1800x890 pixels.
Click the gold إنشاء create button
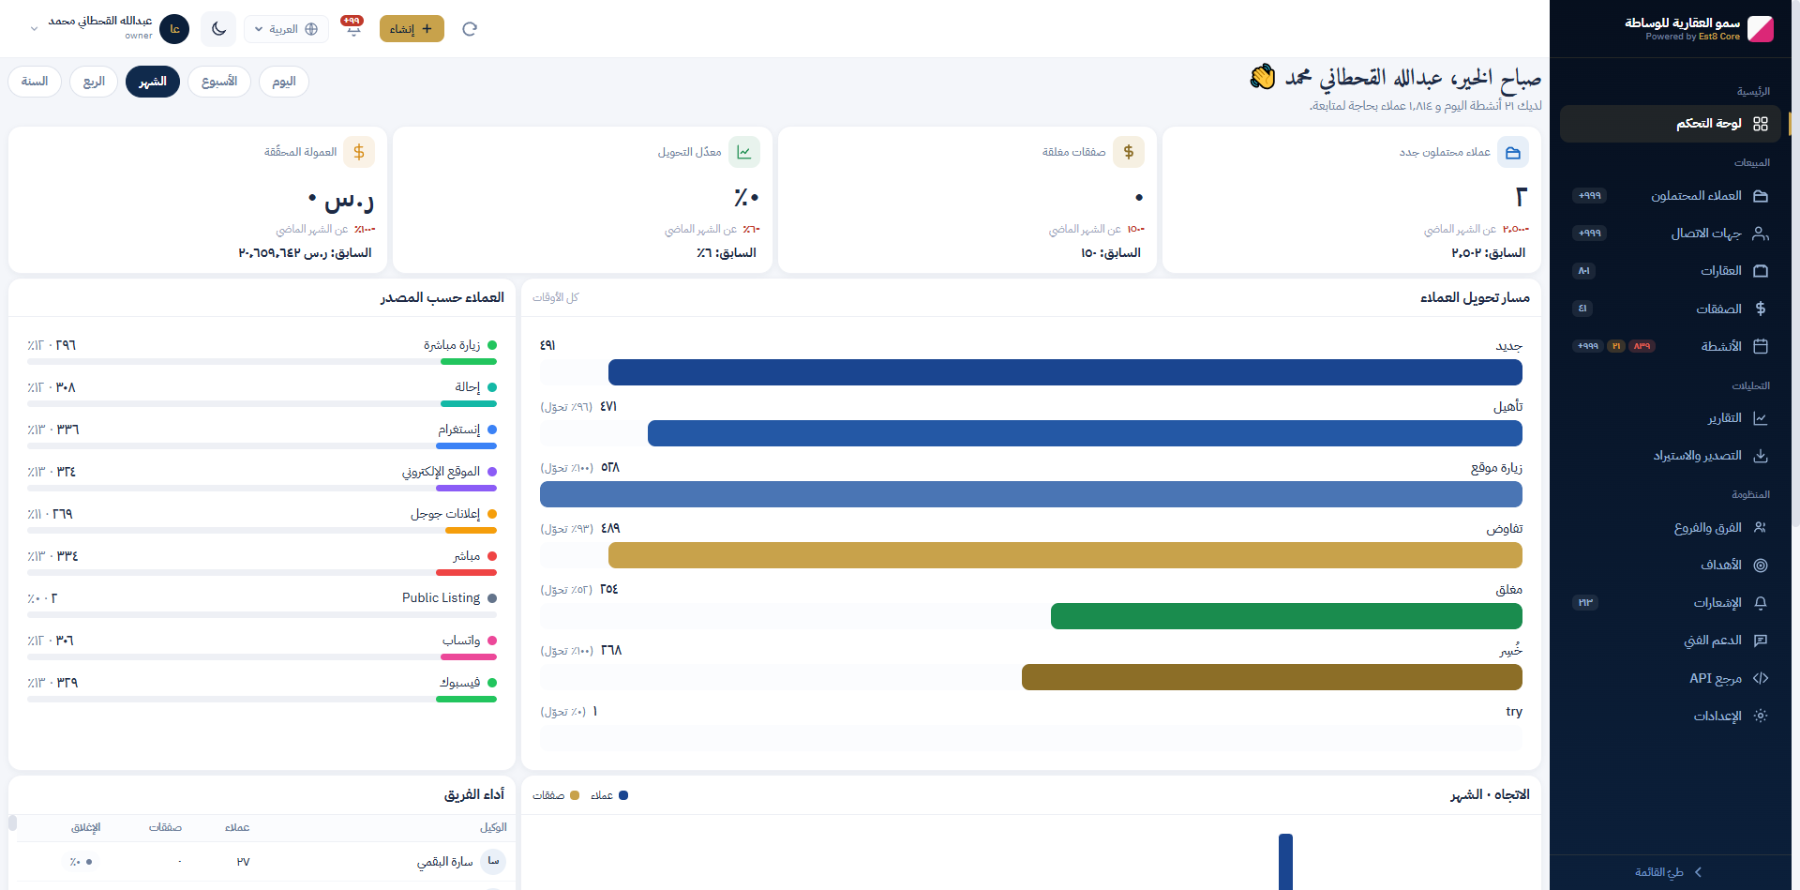coord(412,29)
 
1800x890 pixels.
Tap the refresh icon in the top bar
coord(470,29)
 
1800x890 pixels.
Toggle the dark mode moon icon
coord(218,29)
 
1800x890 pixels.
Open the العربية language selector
coord(286,29)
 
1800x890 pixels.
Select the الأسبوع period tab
coord(219,82)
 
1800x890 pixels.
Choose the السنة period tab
coord(35,82)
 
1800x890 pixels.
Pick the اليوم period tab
coord(284,82)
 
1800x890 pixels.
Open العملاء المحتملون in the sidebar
coord(1696,196)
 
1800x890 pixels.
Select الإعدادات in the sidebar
coord(1717,716)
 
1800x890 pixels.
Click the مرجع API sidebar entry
coord(1716,678)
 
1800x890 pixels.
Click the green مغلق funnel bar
coord(1286,616)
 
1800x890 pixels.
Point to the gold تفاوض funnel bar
coord(1065,555)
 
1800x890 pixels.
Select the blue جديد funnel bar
coord(1065,372)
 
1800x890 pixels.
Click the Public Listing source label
coord(441,598)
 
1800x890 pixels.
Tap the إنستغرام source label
coord(459,430)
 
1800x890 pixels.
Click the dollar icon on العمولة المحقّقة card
coord(359,152)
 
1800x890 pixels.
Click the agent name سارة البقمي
coord(444,862)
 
